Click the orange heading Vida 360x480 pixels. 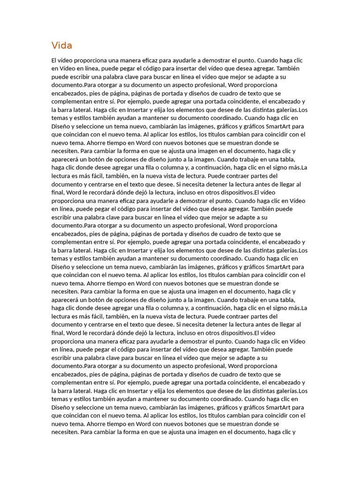coord(62,45)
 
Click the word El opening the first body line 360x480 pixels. coord(54,60)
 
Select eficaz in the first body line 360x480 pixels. coord(146,60)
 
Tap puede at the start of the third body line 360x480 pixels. coord(60,77)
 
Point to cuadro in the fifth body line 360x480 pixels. coord(225,93)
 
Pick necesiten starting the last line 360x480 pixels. coord(65,432)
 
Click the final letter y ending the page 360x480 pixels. coord(293,432)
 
